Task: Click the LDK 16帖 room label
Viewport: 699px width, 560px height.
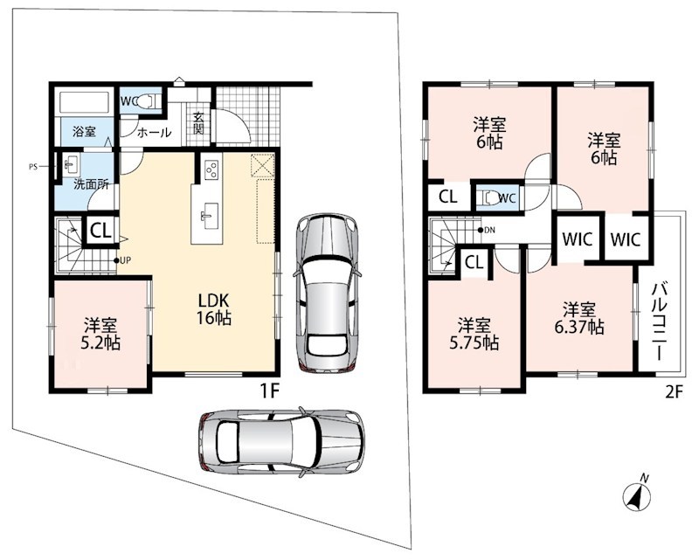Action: click(213, 308)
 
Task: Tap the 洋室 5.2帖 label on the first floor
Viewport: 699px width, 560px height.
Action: click(100, 334)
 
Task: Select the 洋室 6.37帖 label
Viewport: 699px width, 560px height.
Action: click(579, 318)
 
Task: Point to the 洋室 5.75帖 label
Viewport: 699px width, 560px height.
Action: click(474, 335)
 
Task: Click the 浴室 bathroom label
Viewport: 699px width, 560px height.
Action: click(84, 132)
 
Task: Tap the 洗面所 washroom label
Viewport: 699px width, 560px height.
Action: click(92, 183)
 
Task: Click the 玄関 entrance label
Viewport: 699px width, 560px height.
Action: click(198, 123)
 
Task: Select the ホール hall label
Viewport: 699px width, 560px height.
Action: click(154, 133)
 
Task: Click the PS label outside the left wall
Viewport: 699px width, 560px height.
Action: click(32, 168)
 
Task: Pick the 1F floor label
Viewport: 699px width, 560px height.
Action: click(269, 391)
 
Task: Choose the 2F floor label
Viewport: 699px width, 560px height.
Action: click(674, 391)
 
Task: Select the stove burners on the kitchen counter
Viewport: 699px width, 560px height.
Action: click(211, 169)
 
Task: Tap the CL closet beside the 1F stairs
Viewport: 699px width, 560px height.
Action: click(101, 231)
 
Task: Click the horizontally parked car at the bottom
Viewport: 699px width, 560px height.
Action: click(281, 441)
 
